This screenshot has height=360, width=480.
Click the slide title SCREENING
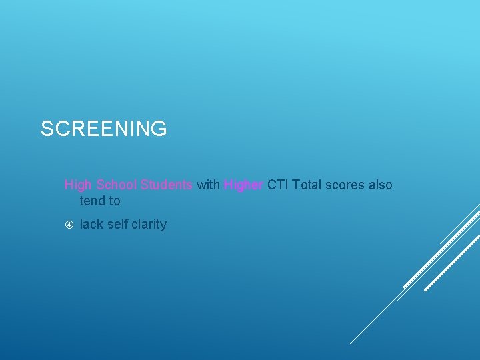103,129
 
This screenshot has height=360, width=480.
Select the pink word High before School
78,185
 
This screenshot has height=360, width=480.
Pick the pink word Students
166,185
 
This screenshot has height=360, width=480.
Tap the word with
208,185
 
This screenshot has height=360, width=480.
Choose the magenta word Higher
243,185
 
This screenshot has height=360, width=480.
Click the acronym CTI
277,185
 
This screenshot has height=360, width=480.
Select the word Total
307,185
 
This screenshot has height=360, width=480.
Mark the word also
380,185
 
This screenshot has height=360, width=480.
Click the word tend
92,200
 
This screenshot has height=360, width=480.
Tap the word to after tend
114,200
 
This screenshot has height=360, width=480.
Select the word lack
92,224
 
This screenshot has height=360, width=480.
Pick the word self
118,224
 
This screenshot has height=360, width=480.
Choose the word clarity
149,225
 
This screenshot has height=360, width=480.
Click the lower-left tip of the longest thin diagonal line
351,343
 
